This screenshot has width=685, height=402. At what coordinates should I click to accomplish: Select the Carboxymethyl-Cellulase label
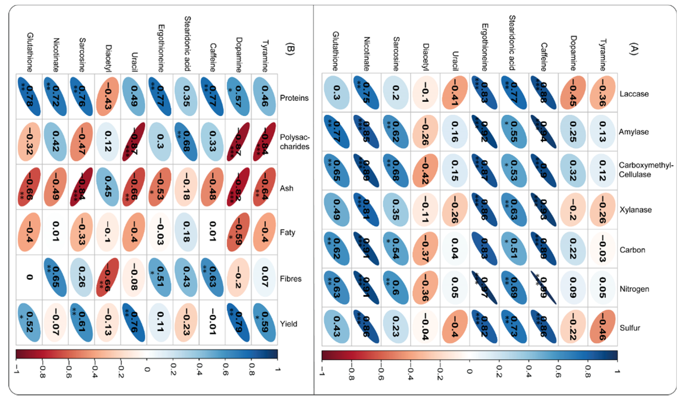click(646, 170)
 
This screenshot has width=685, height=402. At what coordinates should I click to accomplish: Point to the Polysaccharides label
click(294, 142)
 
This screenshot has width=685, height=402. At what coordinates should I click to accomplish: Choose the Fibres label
click(290, 279)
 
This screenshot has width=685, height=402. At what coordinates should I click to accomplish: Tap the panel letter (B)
click(290, 49)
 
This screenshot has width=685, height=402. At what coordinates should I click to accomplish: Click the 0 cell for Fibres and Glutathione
click(29, 277)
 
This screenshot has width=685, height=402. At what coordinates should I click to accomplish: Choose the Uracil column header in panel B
click(134, 62)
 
